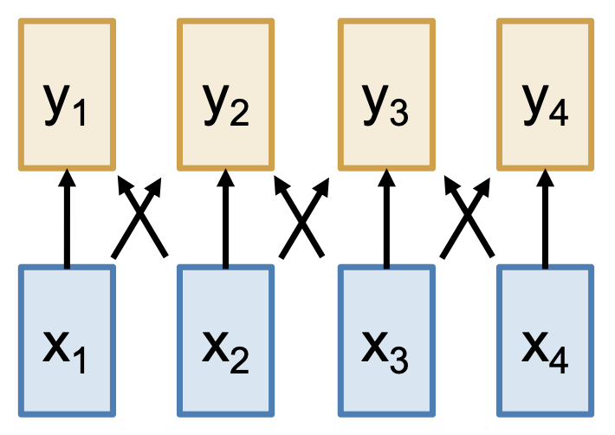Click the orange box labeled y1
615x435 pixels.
point(67,94)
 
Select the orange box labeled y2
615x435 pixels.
point(226,94)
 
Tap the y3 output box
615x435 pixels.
point(385,94)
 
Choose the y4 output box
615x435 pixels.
point(545,94)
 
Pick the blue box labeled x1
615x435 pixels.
point(67,341)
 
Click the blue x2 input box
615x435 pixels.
point(226,341)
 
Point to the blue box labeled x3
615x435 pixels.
point(385,341)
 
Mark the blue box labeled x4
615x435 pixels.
point(545,341)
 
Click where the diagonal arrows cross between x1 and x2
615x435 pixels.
point(139,218)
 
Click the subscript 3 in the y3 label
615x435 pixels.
point(399,115)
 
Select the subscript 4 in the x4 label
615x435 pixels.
point(559,362)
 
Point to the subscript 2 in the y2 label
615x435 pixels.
point(240,115)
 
